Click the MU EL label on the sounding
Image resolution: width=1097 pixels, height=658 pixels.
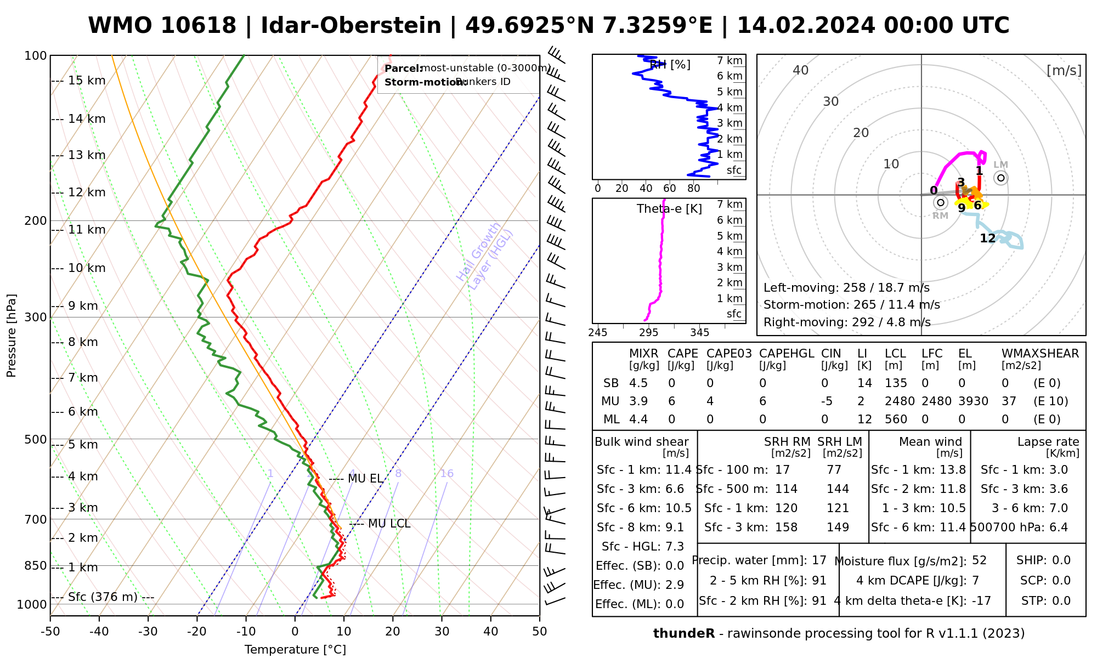[365, 479]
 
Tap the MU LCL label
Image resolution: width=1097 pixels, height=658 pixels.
[389, 524]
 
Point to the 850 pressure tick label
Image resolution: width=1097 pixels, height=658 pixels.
[36, 565]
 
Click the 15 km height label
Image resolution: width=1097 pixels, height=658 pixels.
[87, 81]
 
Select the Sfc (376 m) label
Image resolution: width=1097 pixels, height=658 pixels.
[103, 597]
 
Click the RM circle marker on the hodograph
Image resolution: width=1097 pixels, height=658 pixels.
[941, 202]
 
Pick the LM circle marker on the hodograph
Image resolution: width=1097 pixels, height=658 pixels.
[1001, 178]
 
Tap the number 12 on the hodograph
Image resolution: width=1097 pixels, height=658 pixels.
[987, 239]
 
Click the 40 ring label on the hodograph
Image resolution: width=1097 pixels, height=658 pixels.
[801, 70]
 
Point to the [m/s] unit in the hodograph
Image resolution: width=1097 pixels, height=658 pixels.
[1064, 70]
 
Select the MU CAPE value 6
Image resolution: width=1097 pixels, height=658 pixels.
[671, 401]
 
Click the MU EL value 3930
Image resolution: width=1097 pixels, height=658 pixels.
[973, 401]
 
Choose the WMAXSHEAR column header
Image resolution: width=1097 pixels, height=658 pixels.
[1040, 354]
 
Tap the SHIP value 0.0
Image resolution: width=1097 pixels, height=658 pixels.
[1061, 560]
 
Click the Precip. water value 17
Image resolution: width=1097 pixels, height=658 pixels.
[819, 560]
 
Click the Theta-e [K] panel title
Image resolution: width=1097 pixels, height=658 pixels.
[669, 209]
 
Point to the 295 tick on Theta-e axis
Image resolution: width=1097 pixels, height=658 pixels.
[649, 333]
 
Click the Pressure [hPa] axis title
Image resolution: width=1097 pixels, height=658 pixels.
[12, 336]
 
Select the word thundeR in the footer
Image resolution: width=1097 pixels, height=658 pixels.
[683, 634]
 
